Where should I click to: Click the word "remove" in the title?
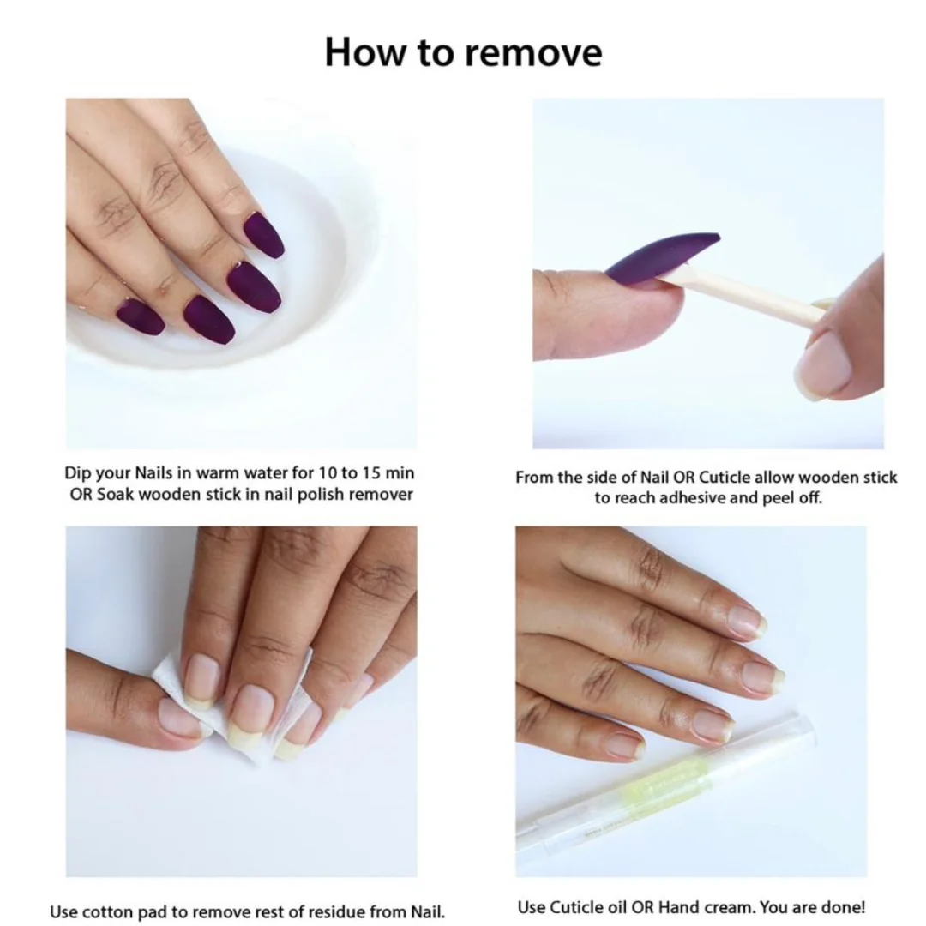coord(532,53)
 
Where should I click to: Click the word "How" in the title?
coord(365,52)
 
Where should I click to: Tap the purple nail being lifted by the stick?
coord(661,257)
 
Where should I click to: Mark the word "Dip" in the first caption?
coord(78,473)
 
